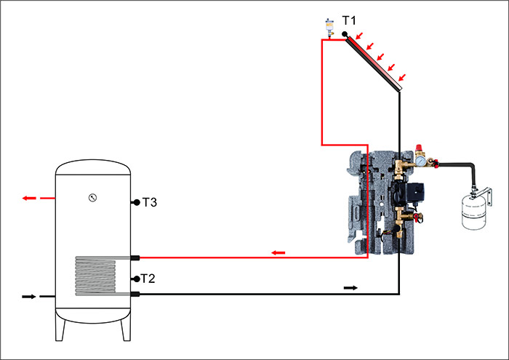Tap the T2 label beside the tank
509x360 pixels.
click(x=148, y=279)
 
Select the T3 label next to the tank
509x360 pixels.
click(x=150, y=202)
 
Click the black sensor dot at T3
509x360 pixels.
click(x=136, y=203)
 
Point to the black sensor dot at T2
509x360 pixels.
click(x=136, y=279)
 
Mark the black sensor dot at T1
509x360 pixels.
click(x=345, y=33)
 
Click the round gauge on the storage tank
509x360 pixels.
click(x=92, y=197)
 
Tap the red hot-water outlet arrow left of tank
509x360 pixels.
click(x=31, y=198)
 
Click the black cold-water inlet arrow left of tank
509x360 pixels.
click(x=29, y=296)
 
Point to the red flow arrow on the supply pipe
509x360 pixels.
click(x=278, y=252)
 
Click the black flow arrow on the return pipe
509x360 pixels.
click(x=350, y=288)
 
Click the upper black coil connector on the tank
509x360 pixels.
click(x=135, y=257)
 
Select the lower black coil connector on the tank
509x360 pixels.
click(x=135, y=294)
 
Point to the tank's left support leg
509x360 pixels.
click(x=63, y=329)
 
